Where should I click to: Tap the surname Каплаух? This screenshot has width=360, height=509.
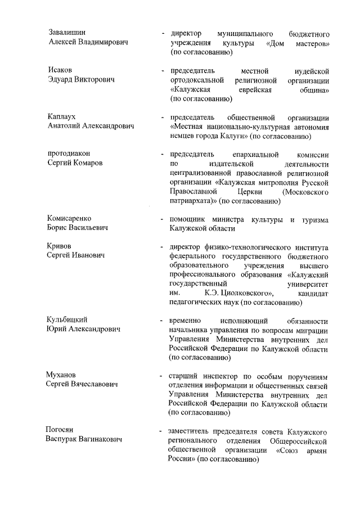[62, 116]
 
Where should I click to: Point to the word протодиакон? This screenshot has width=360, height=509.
[69, 154]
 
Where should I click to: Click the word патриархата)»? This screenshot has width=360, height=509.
[192, 200]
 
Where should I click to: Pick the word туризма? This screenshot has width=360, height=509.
[314, 218]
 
